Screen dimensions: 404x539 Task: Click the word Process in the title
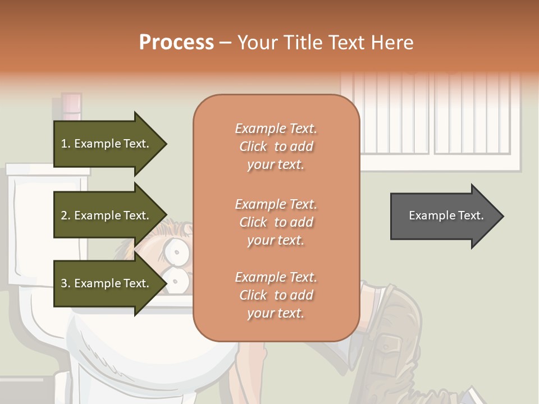coord(176,43)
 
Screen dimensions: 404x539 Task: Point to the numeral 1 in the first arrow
coord(64,144)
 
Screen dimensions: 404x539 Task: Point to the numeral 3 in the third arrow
coord(64,283)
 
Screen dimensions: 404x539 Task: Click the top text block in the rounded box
coord(276,146)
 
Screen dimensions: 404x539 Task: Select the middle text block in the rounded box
coord(276,222)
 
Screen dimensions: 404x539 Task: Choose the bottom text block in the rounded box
coord(276,295)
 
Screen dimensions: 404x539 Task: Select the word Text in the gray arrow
coord(471,215)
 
